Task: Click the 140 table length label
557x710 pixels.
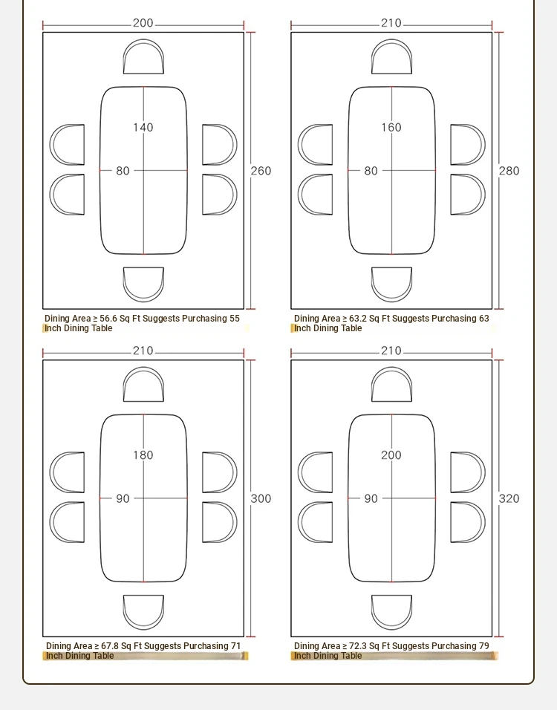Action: point(143,127)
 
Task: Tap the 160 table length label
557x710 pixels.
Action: point(391,127)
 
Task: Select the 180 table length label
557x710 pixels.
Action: point(143,455)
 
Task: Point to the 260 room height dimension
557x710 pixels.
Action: point(261,171)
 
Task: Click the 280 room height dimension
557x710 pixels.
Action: point(509,171)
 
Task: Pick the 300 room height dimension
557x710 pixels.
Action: point(261,498)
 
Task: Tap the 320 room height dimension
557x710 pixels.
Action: point(509,498)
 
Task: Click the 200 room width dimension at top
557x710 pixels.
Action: point(143,23)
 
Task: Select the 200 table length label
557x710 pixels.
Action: point(391,455)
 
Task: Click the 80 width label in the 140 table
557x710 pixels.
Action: point(123,171)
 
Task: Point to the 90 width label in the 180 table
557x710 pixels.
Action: point(123,498)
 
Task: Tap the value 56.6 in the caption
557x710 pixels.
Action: point(108,319)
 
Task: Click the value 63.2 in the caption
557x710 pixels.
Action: point(358,319)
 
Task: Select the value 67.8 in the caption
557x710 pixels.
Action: point(109,646)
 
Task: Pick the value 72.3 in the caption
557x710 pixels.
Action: point(358,646)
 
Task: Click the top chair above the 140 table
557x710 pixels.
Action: point(143,56)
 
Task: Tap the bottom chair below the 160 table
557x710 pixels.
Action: point(391,284)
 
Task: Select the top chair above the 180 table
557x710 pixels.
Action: point(143,385)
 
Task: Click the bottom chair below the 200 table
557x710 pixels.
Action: point(391,612)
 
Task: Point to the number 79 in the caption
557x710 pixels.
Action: point(484,646)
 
